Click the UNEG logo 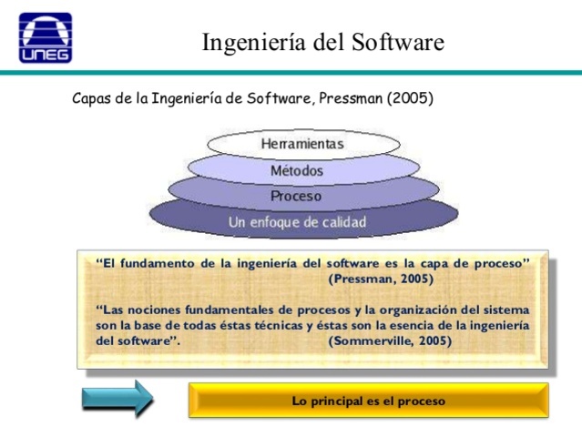(46, 37)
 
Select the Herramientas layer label (302, 144)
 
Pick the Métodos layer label (297, 170)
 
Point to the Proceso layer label (296, 196)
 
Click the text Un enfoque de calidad (297, 222)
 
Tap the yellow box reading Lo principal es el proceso (368, 400)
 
